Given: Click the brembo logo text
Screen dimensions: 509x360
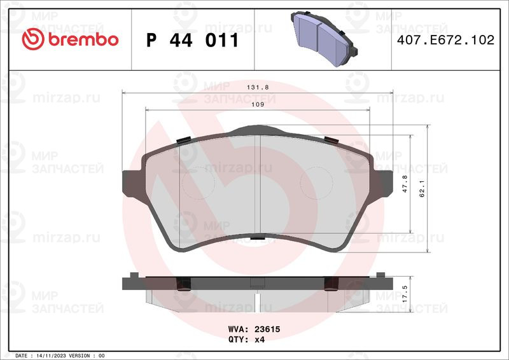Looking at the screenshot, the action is (83, 39).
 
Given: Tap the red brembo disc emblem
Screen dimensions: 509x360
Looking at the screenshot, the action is (33, 39).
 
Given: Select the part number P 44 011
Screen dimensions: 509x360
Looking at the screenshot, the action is (193, 40).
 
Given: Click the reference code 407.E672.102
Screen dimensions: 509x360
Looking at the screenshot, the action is (446, 39).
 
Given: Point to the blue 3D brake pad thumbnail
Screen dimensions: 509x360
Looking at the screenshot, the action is (324, 38).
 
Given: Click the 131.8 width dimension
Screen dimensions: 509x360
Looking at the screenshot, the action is (258, 87).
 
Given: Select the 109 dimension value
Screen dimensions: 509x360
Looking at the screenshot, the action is (258, 104).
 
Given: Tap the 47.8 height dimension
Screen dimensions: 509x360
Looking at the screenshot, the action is (405, 184).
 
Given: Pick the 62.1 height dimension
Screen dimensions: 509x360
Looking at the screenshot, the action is (422, 189).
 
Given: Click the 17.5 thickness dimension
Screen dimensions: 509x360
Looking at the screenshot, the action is (405, 294).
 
